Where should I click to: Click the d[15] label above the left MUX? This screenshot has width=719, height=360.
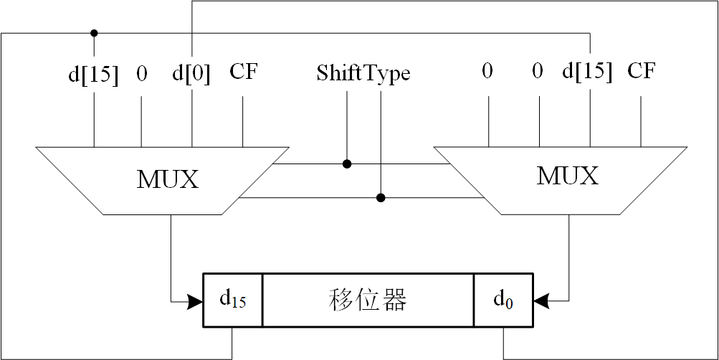93,74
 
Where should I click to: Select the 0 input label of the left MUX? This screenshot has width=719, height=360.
141,74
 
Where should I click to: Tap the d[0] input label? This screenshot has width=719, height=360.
191,74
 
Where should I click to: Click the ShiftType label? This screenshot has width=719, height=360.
363,73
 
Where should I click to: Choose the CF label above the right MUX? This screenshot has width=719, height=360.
641,71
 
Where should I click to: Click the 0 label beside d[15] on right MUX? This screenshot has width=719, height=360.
538,72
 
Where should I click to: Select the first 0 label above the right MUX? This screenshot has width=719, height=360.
487,72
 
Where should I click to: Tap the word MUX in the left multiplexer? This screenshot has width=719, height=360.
167,179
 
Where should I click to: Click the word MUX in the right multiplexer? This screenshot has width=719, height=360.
567,176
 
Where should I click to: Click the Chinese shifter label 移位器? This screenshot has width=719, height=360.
368,300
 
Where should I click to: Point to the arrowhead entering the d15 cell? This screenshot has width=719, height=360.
195,301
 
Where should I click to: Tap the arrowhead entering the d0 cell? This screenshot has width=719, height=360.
541,301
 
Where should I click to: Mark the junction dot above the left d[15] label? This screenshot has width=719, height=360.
94,33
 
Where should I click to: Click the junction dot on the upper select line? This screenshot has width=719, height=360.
347,164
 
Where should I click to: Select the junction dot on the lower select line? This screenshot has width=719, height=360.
381,197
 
